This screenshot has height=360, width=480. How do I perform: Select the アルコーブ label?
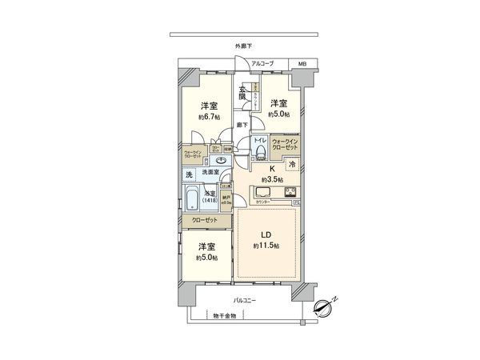[x=262, y=63]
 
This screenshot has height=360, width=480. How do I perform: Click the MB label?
[x=302, y=63]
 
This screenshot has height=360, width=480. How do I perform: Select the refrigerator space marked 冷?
[x=293, y=164]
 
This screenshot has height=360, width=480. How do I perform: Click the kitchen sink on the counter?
[x=264, y=192]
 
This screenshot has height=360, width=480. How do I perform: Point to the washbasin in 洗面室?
[x=221, y=160]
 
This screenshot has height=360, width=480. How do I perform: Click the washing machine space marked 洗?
[x=190, y=174]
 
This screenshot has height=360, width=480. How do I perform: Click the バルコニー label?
[x=244, y=300]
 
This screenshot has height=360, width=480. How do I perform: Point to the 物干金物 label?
[x=226, y=315]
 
